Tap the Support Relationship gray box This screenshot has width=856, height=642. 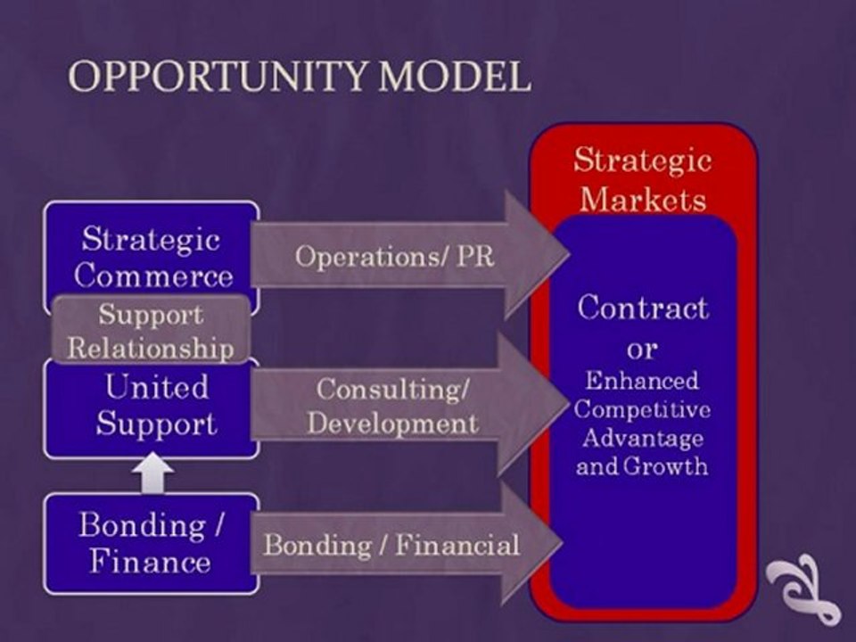point(152,331)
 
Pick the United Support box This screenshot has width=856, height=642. point(152,409)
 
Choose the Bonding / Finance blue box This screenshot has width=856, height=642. point(152,544)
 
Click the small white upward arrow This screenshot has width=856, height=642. point(152,473)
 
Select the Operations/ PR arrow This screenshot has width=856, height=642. point(409,254)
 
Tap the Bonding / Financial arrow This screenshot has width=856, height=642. point(407,544)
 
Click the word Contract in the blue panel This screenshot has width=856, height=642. point(643,308)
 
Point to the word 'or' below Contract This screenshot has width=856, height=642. point(642,349)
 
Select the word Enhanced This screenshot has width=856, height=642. point(642,380)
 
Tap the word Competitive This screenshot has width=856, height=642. point(642,409)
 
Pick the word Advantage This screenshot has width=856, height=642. point(642,438)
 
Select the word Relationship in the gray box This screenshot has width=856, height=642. point(151,349)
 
